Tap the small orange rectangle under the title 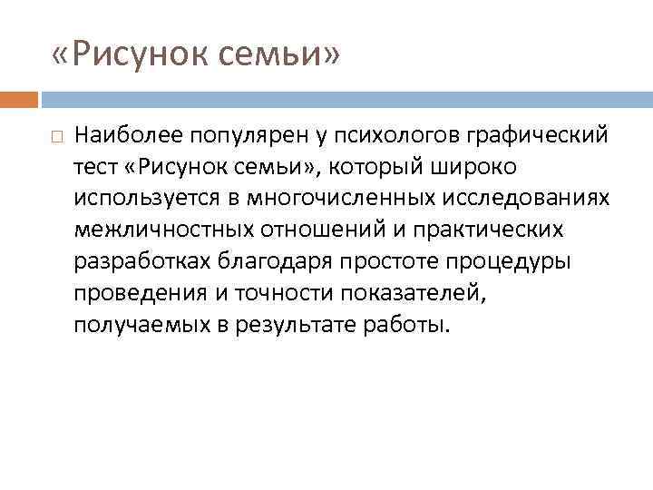point(19,98)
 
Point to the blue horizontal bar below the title point(345,98)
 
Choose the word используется point(141,200)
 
